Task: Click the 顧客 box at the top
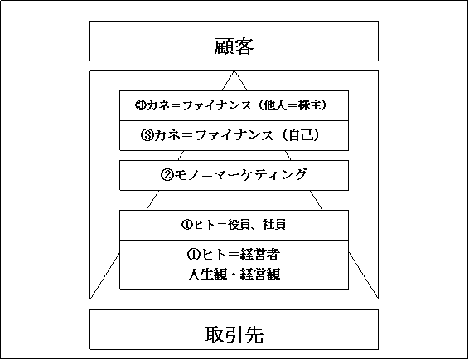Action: [234, 41]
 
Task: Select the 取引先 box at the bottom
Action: [234, 329]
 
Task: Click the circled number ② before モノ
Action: [167, 175]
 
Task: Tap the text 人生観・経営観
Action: [234, 275]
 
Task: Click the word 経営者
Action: [259, 255]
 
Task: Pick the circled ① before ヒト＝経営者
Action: [193, 255]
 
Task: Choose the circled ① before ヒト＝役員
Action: [187, 225]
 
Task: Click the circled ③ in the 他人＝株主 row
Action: [140, 105]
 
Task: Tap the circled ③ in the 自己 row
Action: [147, 136]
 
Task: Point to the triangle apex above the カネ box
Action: [234, 71]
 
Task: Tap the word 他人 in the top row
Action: [274, 105]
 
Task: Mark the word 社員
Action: [274, 225]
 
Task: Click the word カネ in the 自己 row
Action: [167, 135]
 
